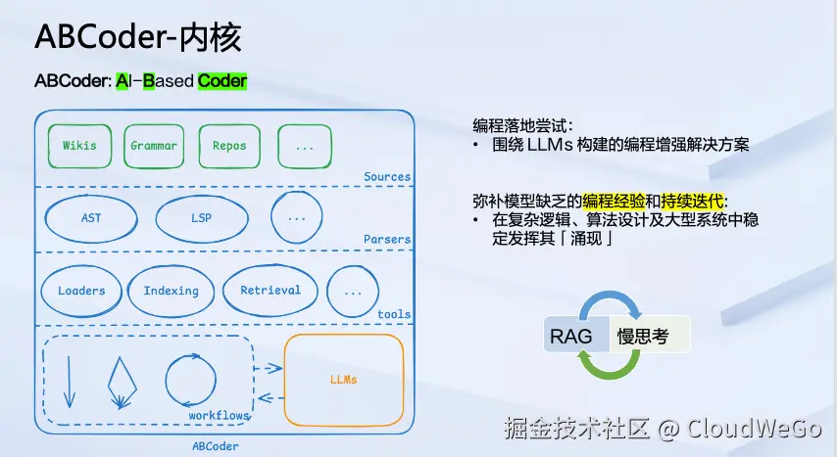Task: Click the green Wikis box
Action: pos(79,146)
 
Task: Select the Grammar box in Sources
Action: pos(154,146)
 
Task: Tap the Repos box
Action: pos(229,146)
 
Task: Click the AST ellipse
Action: pos(91,218)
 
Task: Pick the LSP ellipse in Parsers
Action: pos(202,218)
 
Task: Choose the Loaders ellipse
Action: pos(81,291)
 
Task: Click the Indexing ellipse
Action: pos(171,291)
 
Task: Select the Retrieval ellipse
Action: pos(271,290)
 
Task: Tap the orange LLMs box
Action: pos(344,380)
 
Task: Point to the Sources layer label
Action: pos(387,176)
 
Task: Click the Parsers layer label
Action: pos(387,239)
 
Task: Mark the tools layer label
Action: pos(394,314)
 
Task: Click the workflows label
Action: pos(219,415)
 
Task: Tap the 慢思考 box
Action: pos(649,336)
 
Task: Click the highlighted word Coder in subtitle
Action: pos(222,80)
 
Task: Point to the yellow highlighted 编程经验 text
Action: pos(614,201)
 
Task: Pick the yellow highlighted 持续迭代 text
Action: pos(692,201)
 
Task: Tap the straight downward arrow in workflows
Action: pos(70,382)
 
